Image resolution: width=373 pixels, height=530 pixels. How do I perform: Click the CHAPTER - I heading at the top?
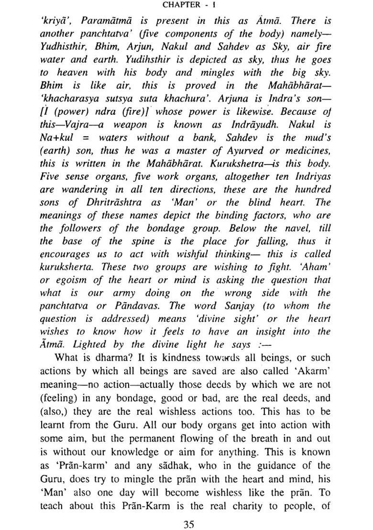click(187, 6)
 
